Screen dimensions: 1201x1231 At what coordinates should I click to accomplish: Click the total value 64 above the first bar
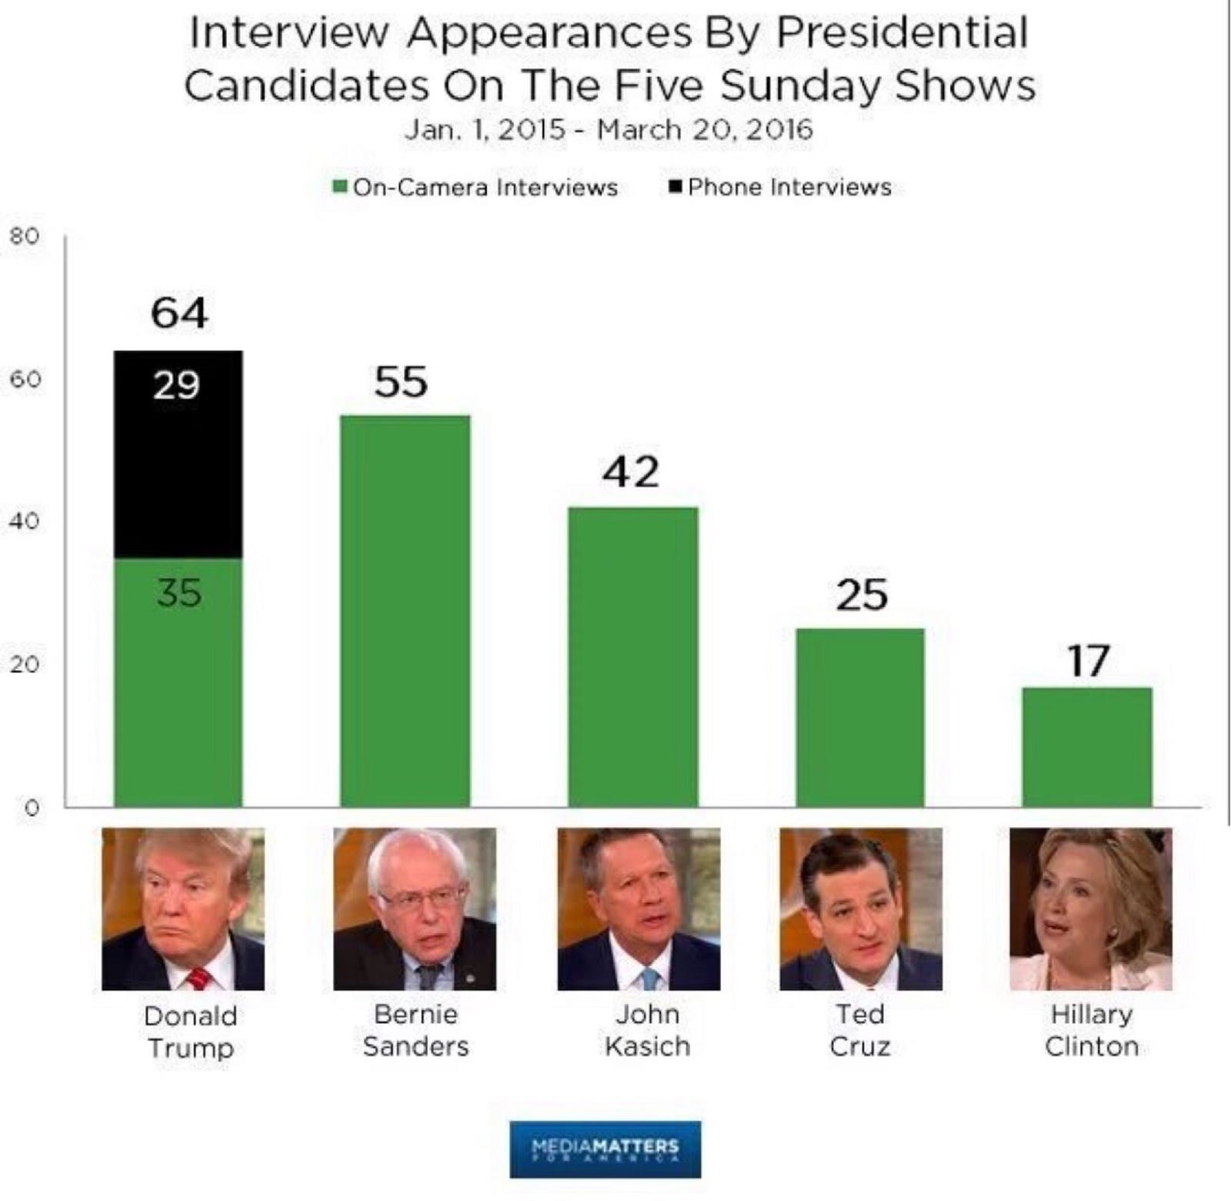(x=179, y=313)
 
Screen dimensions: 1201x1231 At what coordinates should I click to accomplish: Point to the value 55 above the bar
(x=401, y=382)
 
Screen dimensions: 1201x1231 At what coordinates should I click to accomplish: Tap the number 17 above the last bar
(x=1088, y=661)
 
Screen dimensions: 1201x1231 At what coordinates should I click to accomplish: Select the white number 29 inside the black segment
(x=176, y=384)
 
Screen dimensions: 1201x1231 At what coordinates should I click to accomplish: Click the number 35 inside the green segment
(x=179, y=593)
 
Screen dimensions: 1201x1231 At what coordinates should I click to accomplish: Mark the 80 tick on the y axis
(x=24, y=236)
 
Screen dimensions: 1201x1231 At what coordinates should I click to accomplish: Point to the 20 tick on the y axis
(x=24, y=664)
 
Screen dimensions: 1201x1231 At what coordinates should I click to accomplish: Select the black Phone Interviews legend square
(x=676, y=187)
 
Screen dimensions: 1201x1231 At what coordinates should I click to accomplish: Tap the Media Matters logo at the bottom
(x=605, y=1149)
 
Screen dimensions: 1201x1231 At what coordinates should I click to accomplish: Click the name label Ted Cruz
(x=860, y=1030)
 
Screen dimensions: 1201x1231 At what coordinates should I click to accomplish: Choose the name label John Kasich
(x=647, y=1030)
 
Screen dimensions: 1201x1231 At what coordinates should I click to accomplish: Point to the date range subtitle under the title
(x=609, y=129)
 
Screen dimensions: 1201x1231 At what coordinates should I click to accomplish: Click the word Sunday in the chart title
(x=801, y=85)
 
